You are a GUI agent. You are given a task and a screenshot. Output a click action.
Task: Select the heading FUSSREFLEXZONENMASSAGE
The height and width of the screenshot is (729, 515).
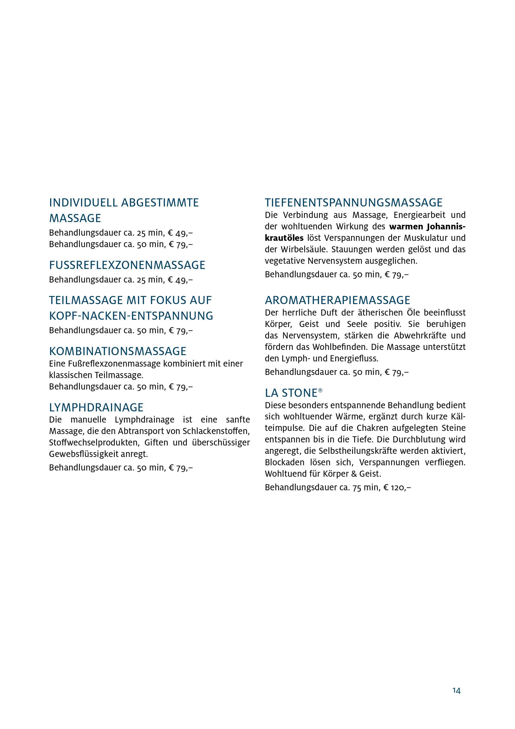pyautogui.click(x=127, y=265)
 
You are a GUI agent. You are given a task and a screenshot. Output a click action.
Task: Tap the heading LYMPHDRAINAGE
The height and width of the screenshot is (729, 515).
pyautogui.click(x=96, y=407)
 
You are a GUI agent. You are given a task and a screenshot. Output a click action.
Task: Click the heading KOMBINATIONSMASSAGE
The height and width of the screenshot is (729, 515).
pyautogui.click(x=118, y=351)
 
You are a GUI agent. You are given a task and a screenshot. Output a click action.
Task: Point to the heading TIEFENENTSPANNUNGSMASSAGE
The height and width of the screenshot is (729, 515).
pyautogui.click(x=353, y=203)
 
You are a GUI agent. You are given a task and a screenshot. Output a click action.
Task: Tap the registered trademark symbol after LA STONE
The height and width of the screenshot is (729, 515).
pyautogui.click(x=320, y=391)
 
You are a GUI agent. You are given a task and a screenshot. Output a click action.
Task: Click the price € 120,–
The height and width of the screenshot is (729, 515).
pyautogui.click(x=397, y=487)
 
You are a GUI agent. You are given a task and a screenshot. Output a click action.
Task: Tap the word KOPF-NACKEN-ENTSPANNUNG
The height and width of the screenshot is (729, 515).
pyautogui.click(x=131, y=316)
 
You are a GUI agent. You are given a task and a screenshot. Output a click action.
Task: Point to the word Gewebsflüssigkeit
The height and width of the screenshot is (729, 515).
pyautogui.click(x=84, y=454)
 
